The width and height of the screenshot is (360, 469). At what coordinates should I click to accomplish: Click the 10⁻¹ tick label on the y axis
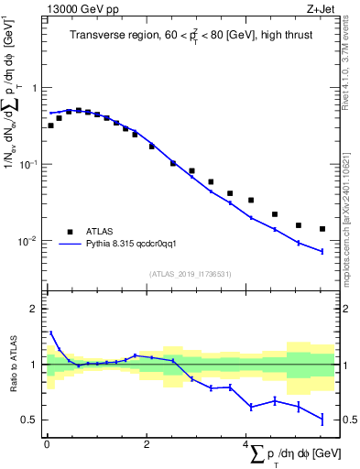(27, 165)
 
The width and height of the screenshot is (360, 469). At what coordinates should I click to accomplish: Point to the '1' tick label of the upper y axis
(35, 89)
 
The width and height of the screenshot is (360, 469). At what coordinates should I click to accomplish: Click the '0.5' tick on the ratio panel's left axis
(30, 420)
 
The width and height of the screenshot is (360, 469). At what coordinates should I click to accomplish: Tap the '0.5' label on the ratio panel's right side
(349, 420)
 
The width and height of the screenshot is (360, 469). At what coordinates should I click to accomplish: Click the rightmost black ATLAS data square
(322, 229)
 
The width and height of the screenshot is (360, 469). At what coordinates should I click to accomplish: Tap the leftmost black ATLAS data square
(50, 125)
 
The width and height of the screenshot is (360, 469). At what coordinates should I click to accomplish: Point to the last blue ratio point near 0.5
(322, 419)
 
